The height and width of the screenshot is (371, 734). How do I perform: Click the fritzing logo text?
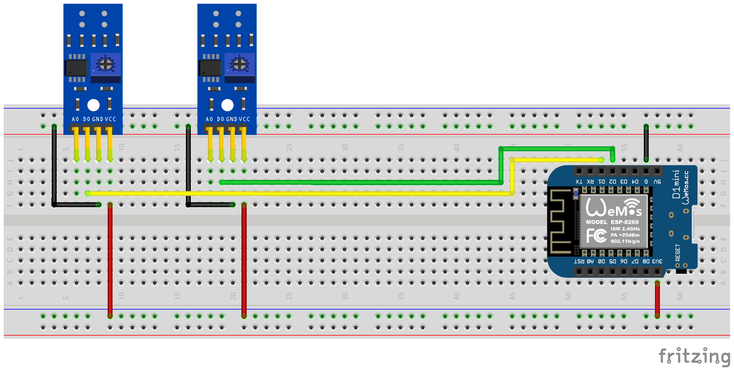pos(694,356)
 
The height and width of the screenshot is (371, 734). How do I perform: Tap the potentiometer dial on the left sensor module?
pos(105,64)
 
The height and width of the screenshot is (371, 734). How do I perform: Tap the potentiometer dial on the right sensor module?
pos(239,64)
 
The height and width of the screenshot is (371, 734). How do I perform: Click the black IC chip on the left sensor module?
pos(76,68)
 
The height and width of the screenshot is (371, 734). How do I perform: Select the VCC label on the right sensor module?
pos(244,119)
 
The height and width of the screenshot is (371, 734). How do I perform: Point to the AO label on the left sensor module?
pos(75,119)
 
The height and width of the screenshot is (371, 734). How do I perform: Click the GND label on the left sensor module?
pos(98,119)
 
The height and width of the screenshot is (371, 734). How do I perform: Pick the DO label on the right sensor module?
pos(221,119)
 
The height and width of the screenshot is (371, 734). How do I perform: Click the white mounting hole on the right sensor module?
pos(227,105)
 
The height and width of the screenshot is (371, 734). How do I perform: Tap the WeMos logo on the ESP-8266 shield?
pos(614,208)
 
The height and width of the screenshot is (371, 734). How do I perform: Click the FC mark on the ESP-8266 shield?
pos(596,236)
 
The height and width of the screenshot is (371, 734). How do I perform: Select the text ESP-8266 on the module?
pos(624,222)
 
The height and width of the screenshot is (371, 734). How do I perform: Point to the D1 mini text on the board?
pos(676,184)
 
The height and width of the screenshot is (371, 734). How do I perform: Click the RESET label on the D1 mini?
pos(678,253)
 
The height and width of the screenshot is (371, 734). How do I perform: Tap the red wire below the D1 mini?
pos(657,300)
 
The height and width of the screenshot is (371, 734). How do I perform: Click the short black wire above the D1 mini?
pos(646,143)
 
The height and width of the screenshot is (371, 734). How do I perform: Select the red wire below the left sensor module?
pos(110,261)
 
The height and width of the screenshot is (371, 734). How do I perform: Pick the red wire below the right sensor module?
pos(244,261)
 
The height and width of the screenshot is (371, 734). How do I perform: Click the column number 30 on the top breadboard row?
pos(345,148)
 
